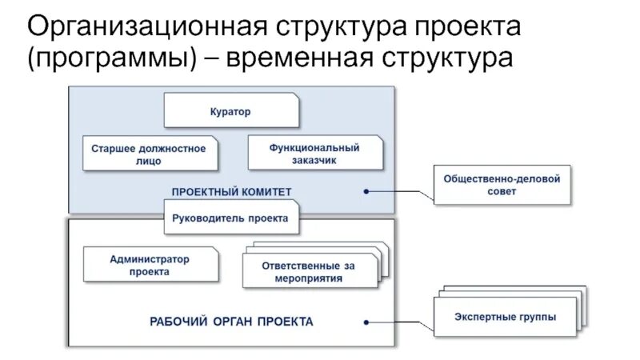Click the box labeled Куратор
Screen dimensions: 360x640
pyautogui.click(x=231, y=111)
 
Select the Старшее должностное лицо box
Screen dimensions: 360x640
pyautogui.click(x=149, y=154)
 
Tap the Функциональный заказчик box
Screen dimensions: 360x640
pyautogui.click(x=314, y=154)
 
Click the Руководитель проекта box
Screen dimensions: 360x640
pyautogui.click(x=231, y=217)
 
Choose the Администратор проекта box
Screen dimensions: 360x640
pyautogui.click(x=149, y=265)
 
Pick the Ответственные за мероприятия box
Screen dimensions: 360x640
pyautogui.click(x=308, y=271)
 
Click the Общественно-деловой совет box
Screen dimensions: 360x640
pyautogui.click(x=502, y=185)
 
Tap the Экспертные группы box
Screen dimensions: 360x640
pyautogui.click(x=505, y=316)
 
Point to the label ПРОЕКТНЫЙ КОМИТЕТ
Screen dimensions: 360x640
pyautogui.click(x=231, y=191)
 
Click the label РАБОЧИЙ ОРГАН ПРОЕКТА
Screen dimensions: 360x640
pyautogui.click(x=231, y=322)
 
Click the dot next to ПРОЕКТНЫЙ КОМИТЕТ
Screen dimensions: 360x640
pyautogui.click(x=366, y=191)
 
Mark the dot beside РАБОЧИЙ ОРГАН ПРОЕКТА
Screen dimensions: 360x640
pyautogui.click(x=366, y=322)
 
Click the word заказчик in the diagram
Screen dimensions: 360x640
pyautogui.click(x=314, y=160)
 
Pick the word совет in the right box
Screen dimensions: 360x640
pyautogui.click(x=502, y=192)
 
